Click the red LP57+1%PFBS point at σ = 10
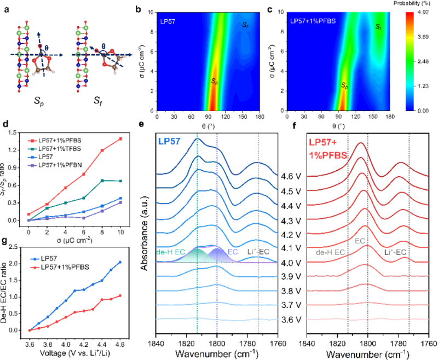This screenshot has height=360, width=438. click(120, 139)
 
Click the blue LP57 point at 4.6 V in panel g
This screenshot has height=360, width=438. click(120, 262)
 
